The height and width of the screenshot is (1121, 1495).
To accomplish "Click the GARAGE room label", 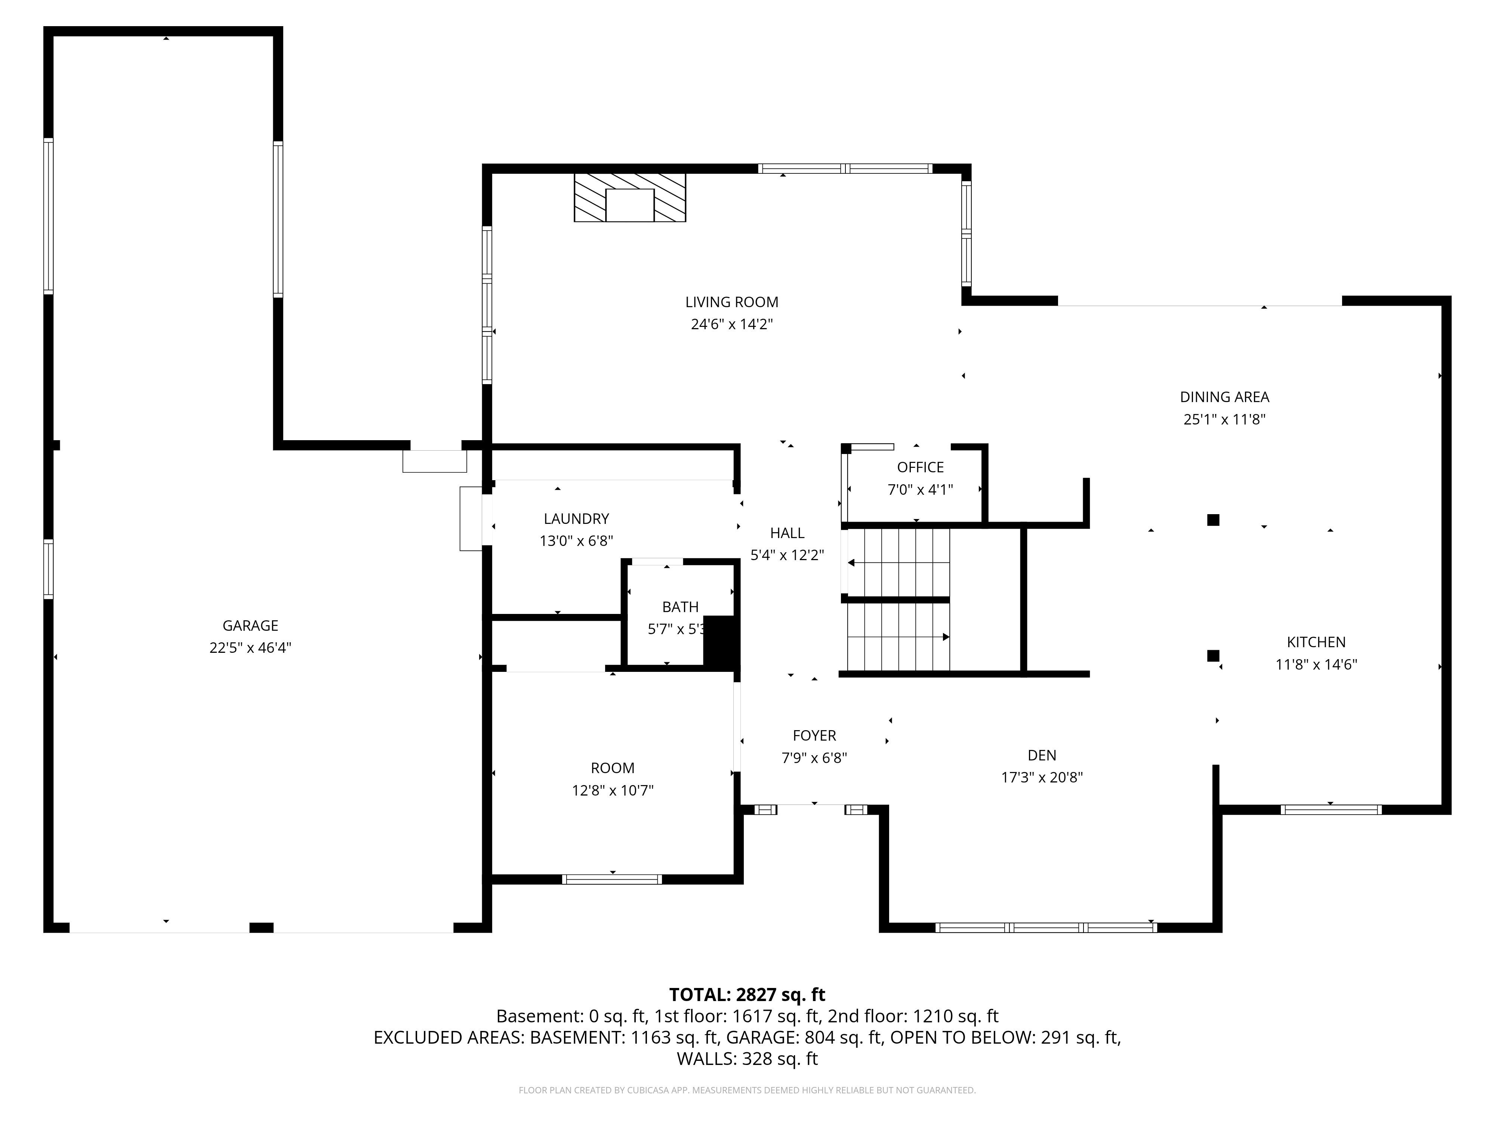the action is [x=250, y=626].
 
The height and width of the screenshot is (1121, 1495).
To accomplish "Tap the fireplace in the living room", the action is [x=630, y=197].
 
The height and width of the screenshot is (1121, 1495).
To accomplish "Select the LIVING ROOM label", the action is [x=732, y=302].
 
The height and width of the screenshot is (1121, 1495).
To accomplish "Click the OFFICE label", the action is [x=921, y=467].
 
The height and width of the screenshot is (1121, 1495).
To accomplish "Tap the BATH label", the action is [x=680, y=607].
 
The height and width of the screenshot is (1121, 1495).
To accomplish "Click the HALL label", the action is [x=787, y=533].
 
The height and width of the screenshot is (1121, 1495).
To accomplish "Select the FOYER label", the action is [x=814, y=735].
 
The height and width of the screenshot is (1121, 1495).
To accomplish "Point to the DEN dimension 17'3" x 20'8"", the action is [x=1042, y=777].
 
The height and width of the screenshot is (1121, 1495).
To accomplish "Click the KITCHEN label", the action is [x=1316, y=642].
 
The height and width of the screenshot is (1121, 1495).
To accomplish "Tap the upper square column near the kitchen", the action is [x=1213, y=520].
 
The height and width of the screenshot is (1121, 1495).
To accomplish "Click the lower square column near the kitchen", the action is [x=1213, y=655].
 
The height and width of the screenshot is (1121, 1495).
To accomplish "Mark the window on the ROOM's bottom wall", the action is [x=612, y=879].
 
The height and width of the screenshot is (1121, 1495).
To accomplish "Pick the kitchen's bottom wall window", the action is [x=1331, y=809].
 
